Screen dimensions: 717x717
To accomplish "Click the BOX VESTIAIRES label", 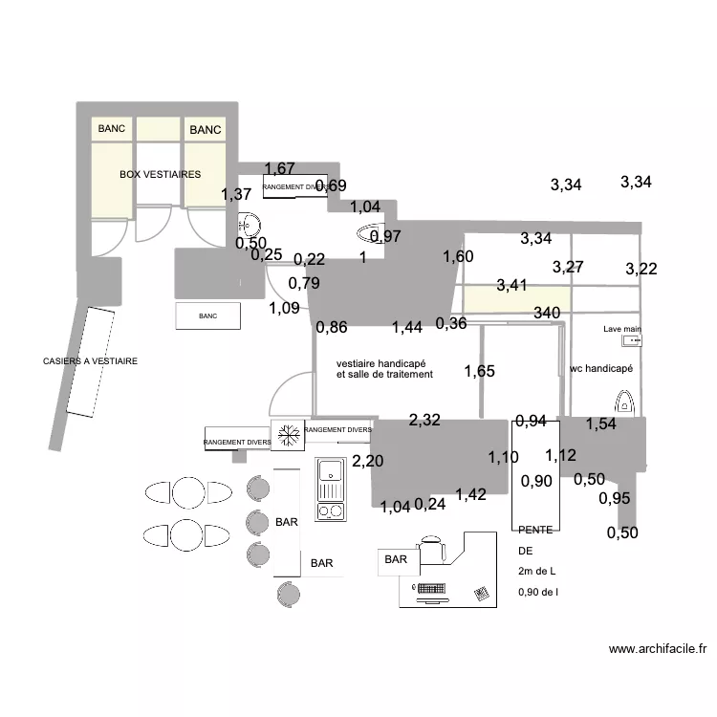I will [x=160, y=175].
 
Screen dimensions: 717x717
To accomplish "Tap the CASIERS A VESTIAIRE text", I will [x=91, y=361].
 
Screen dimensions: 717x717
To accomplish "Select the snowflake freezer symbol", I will [x=287, y=435].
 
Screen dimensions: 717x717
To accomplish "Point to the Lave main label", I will [x=622, y=329].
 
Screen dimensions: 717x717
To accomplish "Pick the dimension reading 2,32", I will [x=425, y=419].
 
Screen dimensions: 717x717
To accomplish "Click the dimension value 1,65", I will [x=480, y=371].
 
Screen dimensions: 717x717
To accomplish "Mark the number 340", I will [x=547, y=313].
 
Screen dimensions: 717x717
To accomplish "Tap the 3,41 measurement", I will [x=511, y=285].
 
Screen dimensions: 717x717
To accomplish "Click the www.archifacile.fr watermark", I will [x=658, y=649].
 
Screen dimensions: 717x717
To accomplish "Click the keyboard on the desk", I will [x=435, y=587].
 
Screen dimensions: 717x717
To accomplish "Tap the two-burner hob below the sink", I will [x=331, y=509].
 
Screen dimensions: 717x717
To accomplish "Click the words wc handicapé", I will [x=601, y=368].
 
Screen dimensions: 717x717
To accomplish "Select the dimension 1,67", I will [x=280, y=169].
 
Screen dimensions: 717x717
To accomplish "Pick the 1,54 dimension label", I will [x=601, y=424].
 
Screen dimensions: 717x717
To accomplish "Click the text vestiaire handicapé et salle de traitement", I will [x=384, y=369].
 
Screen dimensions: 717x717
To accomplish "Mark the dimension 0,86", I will [x=332, y=327].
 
